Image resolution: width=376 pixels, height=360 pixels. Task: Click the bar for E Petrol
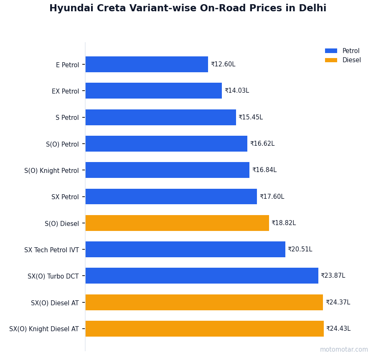click(x=147, y=64)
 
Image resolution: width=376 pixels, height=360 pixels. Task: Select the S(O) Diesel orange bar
click(x=177, y=223)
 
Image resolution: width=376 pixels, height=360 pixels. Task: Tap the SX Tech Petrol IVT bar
click(x=185, y=249)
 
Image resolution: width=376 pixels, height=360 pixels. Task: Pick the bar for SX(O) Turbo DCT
click(x=202, y=276)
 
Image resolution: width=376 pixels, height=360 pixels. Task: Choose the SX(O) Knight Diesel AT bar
click(x=204, y=329)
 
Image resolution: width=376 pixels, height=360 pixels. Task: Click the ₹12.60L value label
click(x=223, y=64)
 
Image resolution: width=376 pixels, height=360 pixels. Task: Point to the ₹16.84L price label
click(x=264, y=170)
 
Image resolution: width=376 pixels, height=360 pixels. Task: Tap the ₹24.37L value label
click(x=338, y=302)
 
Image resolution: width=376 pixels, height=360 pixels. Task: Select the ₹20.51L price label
click(x=300, y=249)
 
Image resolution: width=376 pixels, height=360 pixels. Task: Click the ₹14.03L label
click(x=237, y=91)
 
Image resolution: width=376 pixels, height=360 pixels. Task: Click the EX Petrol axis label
click(x=65, y=91)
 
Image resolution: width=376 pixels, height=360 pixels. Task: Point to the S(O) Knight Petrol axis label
click(x=51, y=170)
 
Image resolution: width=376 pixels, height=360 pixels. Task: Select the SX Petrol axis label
click(x=65, y=197)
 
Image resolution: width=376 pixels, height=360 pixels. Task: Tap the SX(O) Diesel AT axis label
click(x=55, y=303)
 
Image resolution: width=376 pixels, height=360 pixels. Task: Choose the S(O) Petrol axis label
click(x=62, y=144)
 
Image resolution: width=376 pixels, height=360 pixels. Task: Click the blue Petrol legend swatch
click(x=331, y=51)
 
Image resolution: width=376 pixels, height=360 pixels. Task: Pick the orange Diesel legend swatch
click(x=331, y=60)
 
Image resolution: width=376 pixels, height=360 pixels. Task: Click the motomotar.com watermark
click(x=344, y=350)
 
